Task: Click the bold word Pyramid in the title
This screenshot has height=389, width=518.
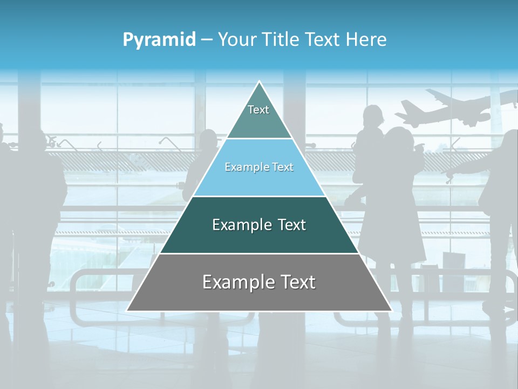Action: (x=159, y=40)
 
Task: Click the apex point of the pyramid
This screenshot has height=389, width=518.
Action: (x=260, y=82)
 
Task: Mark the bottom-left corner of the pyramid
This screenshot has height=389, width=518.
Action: (x=127, y=311)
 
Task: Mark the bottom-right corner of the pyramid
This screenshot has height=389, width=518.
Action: (x=392, y=311)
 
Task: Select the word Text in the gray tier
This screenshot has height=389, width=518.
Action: (x=296, y=282)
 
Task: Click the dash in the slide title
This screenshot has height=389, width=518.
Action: (x=207, y=40)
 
